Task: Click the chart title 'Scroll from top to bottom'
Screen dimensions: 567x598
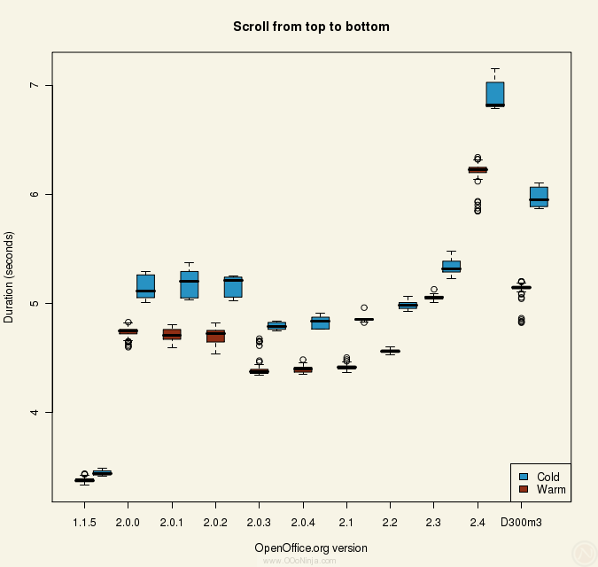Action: point(311,27)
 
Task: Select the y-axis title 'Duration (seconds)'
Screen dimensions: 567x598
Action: point(10,276)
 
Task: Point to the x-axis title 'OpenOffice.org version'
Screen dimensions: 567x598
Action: point(311,548)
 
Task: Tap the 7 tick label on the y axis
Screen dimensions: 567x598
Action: point(35,85)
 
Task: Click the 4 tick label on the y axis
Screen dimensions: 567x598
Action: point(35,412)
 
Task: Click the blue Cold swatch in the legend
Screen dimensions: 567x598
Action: point(523,477)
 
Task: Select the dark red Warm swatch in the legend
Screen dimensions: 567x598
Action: point(523,489)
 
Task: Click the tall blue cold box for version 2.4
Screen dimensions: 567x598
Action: point(495,93)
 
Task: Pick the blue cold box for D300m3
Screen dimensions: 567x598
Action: point(539,197)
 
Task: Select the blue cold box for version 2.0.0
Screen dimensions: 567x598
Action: point(145,285)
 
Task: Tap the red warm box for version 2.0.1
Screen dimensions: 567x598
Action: point(172,334)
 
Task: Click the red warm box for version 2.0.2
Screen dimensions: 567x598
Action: point(215,336)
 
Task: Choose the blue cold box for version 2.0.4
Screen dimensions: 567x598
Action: point(320,322)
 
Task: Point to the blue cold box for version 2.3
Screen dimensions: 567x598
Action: point(451,266)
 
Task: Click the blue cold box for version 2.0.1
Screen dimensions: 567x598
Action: point(189,284)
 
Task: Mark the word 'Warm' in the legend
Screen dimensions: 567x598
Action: point(551,489)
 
